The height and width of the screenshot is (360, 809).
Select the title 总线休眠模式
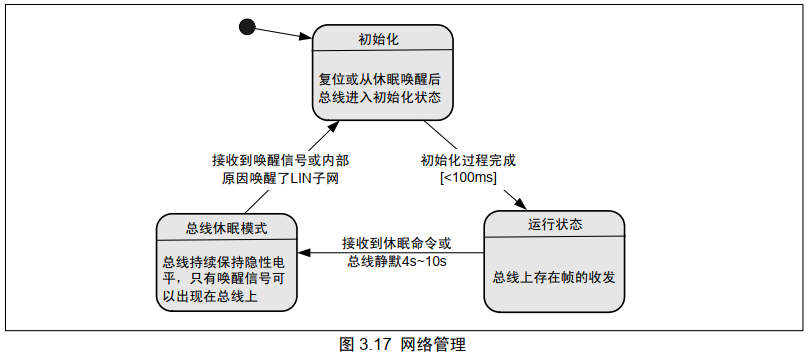[226, 226]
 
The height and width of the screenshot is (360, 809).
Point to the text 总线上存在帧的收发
[554, 276]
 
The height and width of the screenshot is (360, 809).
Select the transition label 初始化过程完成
[469, 160]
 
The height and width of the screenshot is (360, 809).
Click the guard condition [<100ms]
[469, 178]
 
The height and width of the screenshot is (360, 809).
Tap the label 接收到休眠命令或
[396, 243]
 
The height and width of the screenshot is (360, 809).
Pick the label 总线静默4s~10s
[396, 261]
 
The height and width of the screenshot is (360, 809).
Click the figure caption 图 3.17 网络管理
[403, 345]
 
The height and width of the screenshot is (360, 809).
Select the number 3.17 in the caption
[376, 345]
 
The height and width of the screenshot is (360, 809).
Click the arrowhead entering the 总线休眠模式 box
[303, 253]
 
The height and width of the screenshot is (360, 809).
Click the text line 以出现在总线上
[210, 298]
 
